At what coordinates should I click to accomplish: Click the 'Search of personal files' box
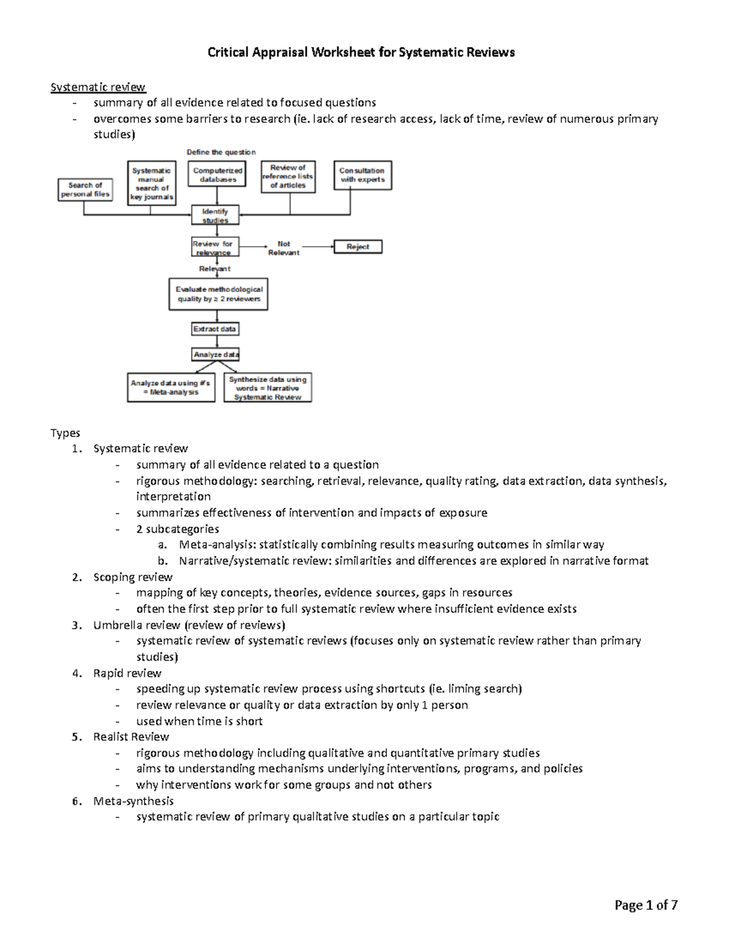click(x=86, y=190)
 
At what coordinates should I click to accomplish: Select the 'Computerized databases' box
click(x=217, y=175)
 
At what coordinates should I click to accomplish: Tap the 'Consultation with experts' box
click(x=363, y=175)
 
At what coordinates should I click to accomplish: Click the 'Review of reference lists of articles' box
click(x=288, y=176)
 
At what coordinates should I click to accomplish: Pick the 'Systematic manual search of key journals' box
click(x=152, y=184)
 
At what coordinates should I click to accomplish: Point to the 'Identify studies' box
click(x=215, y=216)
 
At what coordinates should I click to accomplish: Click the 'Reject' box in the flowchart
click(x=358, y=247)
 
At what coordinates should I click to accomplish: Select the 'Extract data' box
click(x=215, y=329)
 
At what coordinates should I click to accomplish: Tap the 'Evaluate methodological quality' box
click(x=219, y=294)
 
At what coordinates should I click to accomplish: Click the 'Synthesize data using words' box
click(x=268, y=388)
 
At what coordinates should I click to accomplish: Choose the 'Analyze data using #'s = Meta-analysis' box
click(x=171, y=388)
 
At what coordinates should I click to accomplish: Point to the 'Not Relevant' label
click(x=284, y=248)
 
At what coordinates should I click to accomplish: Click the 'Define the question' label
click(x=221, y=152)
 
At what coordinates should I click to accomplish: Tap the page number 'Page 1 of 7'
click(x=646, y=905)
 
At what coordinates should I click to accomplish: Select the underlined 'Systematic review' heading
click(x=98, y=87)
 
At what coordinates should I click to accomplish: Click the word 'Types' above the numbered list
click(x=65, y=433)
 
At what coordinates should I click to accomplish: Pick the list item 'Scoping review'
click(x=132, y=577)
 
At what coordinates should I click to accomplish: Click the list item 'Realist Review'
click(x=131, y=737)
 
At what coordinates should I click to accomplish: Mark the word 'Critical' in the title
click(x=230, y=52)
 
